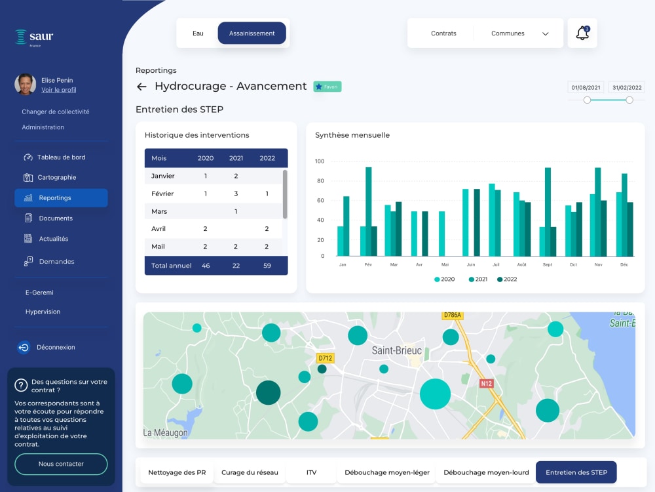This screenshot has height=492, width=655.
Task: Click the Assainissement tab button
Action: pos(252,33)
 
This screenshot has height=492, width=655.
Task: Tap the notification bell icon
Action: pos(582,33)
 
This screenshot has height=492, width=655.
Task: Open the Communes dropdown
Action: pos(519,33)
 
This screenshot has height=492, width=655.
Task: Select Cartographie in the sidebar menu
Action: pos(56,177)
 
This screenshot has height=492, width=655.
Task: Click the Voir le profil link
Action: pos(58,89)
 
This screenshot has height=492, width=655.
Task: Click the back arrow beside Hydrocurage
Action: pos(141,87)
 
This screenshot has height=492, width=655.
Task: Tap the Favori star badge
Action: pos(327,87)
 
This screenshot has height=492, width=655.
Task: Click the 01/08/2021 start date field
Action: pos(586,87)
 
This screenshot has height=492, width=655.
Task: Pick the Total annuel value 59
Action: pos(267,266)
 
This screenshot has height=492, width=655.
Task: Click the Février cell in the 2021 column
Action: pos(236,194)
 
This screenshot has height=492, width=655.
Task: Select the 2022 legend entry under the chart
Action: pos(507,279)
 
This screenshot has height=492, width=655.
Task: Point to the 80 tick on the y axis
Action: pos(320,181)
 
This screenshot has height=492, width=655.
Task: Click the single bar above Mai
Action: pos(441,234)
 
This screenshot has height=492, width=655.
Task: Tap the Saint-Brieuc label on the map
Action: pos(396,350)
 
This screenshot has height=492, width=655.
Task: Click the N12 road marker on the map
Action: pos(486,384)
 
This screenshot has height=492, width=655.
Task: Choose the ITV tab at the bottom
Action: pos(311,472)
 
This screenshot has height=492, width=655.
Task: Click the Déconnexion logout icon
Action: pos(24,347)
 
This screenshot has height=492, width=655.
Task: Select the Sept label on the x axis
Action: pos(547,264)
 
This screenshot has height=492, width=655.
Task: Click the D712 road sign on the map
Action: pos(326,358)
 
